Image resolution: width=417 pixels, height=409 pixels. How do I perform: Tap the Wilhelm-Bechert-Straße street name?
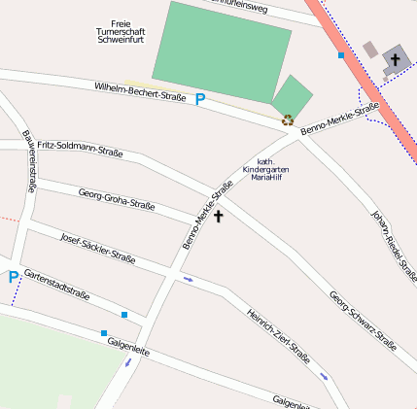(x=140, y=93)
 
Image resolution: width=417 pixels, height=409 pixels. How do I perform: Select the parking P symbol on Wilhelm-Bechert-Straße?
(x=200, y=99)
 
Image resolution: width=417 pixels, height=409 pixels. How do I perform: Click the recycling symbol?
(x=288, y=120)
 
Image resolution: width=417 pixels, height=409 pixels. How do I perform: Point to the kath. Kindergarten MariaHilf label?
(x=265, y=169)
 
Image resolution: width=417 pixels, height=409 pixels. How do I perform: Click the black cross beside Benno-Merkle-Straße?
(x=219, y=216)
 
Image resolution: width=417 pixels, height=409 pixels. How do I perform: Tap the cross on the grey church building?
(x=395, y=60)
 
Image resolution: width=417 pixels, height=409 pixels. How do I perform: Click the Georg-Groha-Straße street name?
(x=117, y=198)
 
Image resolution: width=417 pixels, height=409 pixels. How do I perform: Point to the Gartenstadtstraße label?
(x=56, y=283)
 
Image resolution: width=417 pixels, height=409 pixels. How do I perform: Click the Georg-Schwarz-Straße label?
(x=363, y=321)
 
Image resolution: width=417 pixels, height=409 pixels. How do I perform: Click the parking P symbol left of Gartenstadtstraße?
(x=13, y=278)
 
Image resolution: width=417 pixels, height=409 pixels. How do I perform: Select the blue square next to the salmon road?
(x=341, y=55)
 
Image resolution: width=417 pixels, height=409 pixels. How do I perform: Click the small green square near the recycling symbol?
(x=292, y=97)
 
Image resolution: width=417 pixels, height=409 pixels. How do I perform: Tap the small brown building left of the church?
(x=369, y=49)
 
